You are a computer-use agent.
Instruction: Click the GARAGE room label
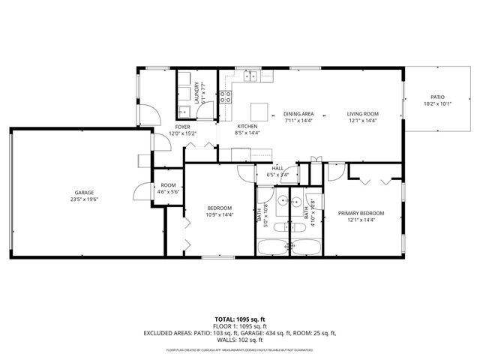[x=85, y=192]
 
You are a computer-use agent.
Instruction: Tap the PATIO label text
[x=437, y=96]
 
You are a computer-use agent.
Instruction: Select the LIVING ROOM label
[x=361, y=113]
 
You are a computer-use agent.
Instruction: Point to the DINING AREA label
[x=298, y=113]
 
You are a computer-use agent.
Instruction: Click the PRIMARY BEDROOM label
[x=361, y=214]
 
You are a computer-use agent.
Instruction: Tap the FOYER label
[x=182, y=127]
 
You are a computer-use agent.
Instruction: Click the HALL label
[x=277, y=169]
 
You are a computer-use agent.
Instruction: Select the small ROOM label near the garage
[x=168, y=185]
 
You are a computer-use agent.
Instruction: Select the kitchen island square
[x=259, y=110]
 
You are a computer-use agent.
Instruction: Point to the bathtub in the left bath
[x=273, y=247]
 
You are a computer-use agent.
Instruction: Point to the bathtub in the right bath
[x=307, y=247]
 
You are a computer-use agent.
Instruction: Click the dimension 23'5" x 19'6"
[x=85, y=199]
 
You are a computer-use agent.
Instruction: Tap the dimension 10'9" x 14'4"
[x=220, y=214]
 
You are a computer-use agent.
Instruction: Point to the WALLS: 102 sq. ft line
[x=240, y=340]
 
